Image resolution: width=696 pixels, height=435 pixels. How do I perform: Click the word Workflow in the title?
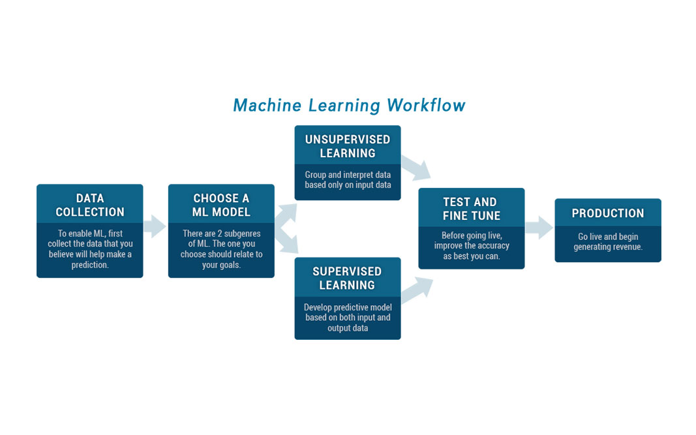click(x=426, y=105)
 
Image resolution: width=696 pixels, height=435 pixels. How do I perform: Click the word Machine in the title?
click(x=267, y=105)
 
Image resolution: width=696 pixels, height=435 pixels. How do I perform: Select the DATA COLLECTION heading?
click(x=90, y=205)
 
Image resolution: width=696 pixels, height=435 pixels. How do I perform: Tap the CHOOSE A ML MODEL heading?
click(x=221, y=205)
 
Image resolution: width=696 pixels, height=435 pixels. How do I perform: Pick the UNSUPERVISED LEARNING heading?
click(x=348, y=146)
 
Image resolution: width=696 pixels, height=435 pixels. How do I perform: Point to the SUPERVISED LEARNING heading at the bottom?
click(x=347, y=278)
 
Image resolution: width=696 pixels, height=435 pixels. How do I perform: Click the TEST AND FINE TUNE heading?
click(x=471, y=209)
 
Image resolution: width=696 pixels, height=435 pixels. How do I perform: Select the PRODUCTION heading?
click(x=608, y=213)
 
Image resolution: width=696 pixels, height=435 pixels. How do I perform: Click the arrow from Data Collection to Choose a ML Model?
click(x=155, y=226)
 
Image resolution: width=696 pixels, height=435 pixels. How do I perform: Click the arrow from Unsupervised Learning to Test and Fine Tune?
click(x=416, y=168)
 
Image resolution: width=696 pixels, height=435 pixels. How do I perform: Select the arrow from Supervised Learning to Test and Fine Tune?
click(x=417, y=290)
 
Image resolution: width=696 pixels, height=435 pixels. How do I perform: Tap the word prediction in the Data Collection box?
click(x=90, y=265)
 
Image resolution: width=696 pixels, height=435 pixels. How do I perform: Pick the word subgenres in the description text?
click(x=243, y=233)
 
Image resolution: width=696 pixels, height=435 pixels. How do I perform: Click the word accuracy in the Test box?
click(x=493, y=245)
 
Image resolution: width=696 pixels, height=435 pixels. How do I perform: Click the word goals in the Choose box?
click(x=230, y=265)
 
